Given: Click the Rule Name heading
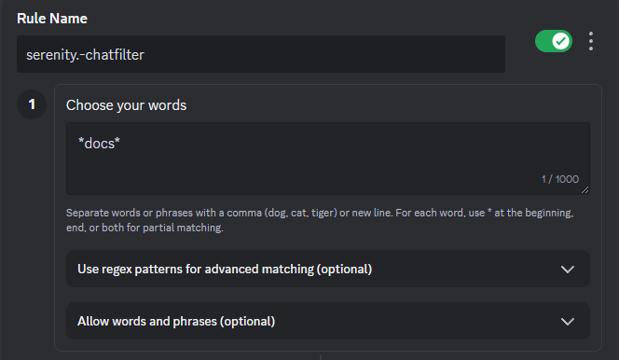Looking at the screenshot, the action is coord(52,19).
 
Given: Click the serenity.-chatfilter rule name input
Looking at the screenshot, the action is coord(260,54).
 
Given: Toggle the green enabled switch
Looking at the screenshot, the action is coord(554,41).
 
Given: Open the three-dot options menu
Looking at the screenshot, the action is coord(591,41).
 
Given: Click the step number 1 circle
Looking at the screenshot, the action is coord(32,104).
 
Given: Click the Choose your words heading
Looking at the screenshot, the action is coord(127,105).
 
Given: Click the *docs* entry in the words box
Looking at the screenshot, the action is coord(99,144).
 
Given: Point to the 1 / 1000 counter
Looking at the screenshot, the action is coord(559,179).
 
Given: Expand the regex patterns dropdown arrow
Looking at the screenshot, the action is coord(568,270).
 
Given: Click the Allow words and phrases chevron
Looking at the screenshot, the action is coord(568,322).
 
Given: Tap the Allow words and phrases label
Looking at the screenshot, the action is coord(176,322).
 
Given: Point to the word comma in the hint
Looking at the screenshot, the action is coord(244,214).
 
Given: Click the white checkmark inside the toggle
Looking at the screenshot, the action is coord(560,41).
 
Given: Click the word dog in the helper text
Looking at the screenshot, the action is coord(276,214).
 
